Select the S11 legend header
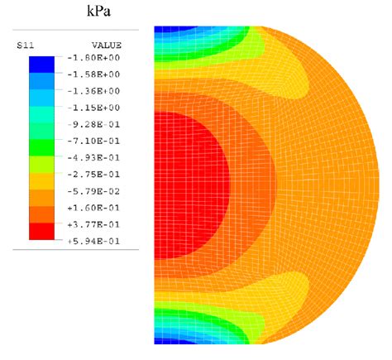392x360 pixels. tap(25, 44)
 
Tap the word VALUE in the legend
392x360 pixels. tap(105, 44)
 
